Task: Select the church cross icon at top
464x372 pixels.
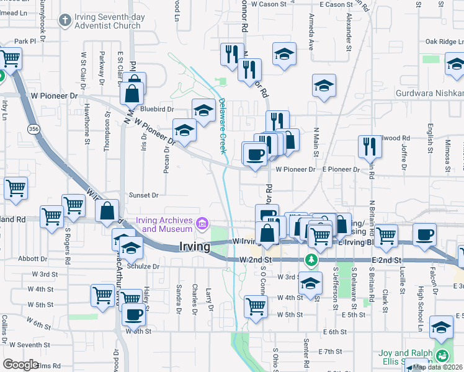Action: point(64,20)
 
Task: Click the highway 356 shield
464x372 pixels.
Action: point(32,128)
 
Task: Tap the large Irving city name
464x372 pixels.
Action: point(194,246)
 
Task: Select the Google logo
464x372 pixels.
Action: point(20,365)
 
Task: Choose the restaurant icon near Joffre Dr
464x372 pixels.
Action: point(370,147)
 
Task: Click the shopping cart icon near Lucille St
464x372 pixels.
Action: point(386,236)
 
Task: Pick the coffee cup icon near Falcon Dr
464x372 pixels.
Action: point(424,234)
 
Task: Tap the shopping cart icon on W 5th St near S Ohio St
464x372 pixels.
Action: point(256,306)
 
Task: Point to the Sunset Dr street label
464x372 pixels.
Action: point(144,195)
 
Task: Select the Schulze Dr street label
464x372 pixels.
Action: point(144,266)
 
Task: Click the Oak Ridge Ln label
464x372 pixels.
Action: point(441,42)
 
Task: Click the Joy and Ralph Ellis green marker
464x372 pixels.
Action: point(442,356)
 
